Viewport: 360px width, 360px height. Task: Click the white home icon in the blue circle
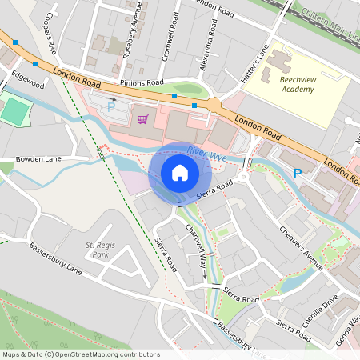point(180,172)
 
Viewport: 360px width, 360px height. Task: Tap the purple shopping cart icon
point(142,119)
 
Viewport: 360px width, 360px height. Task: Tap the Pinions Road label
point(142,82)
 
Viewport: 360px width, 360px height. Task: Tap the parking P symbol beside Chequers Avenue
point(298,173)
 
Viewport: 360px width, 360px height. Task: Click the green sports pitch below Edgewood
point(14,112)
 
